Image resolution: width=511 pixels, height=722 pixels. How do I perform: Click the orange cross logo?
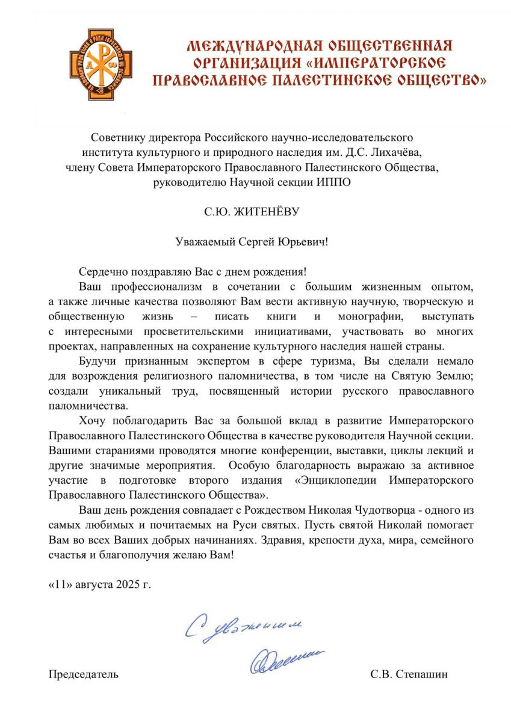pyautogui.click(x=101, y=64)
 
